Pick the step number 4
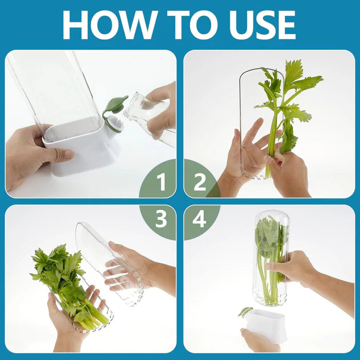tap(200, 219)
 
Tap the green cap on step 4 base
tap(245, 312)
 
